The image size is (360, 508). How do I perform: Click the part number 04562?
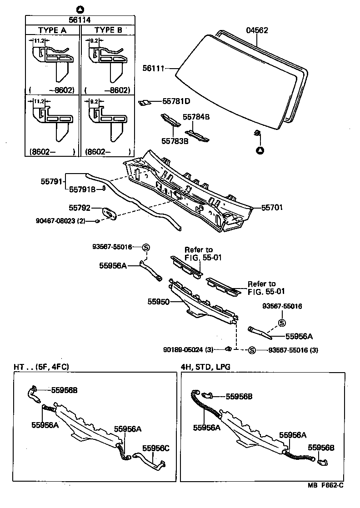(x=257, y=31)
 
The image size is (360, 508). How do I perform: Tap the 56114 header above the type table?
(x=80, y=20)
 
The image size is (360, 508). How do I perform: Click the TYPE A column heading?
(x=52, y=30)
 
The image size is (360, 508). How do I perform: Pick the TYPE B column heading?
(x=108, y=30)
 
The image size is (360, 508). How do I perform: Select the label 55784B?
(x=196, y=117)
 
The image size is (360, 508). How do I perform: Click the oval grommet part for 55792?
(x=109, y=213)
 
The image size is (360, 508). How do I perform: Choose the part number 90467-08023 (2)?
(x=60, y=221)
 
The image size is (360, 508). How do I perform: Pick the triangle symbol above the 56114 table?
(x=80, y=9)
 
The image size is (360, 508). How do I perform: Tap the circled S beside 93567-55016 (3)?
(x=252, y=350)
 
